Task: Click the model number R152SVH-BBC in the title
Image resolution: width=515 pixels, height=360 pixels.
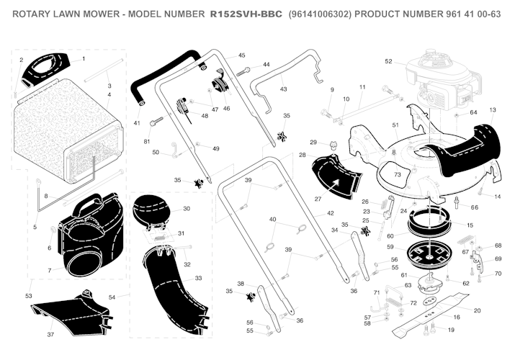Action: (x=246, y=14)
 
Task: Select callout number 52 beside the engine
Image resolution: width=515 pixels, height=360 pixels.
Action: (x=388, y=61)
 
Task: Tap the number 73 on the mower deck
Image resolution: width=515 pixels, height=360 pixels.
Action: (x=397, y=175)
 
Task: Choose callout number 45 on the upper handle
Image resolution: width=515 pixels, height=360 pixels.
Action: (x=241, y=55)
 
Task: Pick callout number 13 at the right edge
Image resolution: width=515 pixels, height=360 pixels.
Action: (x=493, y=110)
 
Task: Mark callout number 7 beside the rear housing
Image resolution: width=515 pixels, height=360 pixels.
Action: (x=48, y=270)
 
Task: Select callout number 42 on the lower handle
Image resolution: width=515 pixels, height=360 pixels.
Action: (x=331, y=213)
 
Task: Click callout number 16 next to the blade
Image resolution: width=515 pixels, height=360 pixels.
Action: (x=457, y=317)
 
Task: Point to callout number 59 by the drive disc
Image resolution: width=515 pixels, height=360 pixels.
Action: (x=390, y=247)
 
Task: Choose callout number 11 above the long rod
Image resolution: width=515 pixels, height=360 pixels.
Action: (x=362, y=87)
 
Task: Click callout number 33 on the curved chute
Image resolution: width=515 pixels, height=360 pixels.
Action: (x=198, y=278)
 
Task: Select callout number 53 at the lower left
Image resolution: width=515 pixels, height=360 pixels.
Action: (x=29, y=296)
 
